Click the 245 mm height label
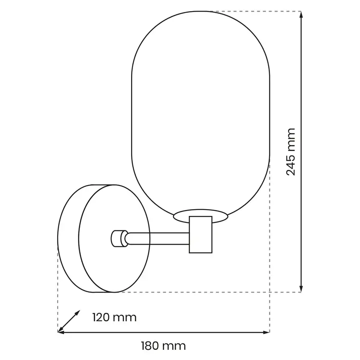pos(291,152)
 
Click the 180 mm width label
pos(163,346)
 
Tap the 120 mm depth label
pos(114,318)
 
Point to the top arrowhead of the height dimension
pos(301,14)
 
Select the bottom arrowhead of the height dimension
pos(301,289)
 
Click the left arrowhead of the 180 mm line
pos(61,332)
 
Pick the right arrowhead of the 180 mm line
pos(266,332)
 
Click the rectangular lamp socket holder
pos(200,234)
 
